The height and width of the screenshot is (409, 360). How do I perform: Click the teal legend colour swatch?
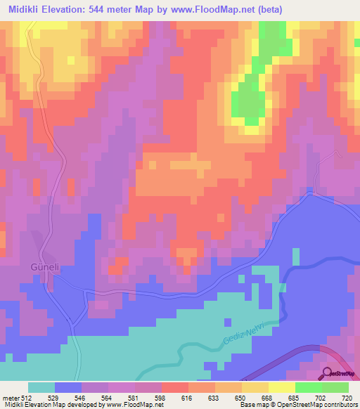(x=41, y=387)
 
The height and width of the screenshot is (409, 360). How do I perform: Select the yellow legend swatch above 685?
(x=282, y=387)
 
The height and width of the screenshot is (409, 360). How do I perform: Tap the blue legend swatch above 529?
(x=68, y=387)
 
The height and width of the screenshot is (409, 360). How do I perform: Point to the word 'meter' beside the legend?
(x=10, y=397)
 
